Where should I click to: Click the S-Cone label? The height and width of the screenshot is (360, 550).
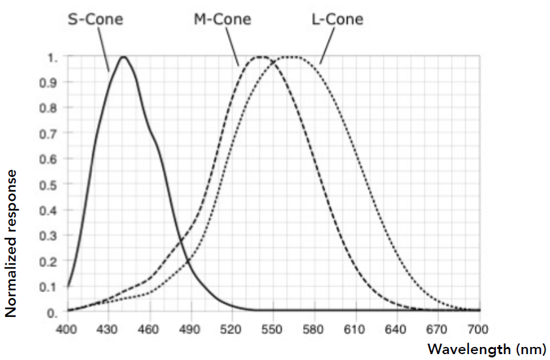pyautogui.click(x=95, y=19)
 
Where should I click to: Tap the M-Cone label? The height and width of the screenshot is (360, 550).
pyautogui.click(x=222, y=19)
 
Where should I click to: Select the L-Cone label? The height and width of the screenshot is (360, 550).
pyautogui.click(x=337, y=19)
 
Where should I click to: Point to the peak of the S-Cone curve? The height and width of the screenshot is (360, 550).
pyautogui.click(x=123, y=57)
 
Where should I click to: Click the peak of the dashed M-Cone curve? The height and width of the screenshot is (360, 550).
pyautogui.click(x=261, y=57)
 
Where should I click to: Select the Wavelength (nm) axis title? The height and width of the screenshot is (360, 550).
pyautogui.click(x=487, y=350)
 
